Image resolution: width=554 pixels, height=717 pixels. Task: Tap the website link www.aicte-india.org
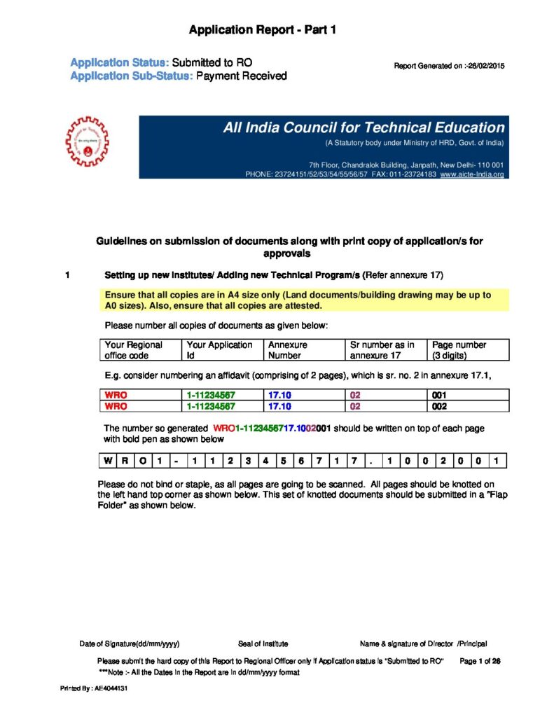pyautogui.click(x=472, y=174)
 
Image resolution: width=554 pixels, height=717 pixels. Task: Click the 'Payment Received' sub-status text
pyautogui.click(x=241, y=76)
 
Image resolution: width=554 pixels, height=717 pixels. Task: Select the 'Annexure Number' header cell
pyautogui.click(x=305, y=349)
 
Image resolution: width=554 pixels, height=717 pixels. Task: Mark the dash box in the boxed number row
pyautogui.click(x=176, y=461)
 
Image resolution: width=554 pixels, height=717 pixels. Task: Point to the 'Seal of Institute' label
pyautogui.click(x=263, y=643)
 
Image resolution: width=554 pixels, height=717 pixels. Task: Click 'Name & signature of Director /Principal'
pyautogui.click(x=423, y=643)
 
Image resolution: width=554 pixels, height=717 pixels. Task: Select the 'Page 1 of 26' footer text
pyautogui.click(x=480, y=661)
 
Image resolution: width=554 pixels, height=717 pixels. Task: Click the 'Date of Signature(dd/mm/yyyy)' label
pyautogui.click(x=134, y=643)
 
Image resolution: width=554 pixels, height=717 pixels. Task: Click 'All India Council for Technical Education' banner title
pyautogui.click(x=363, y=128)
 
